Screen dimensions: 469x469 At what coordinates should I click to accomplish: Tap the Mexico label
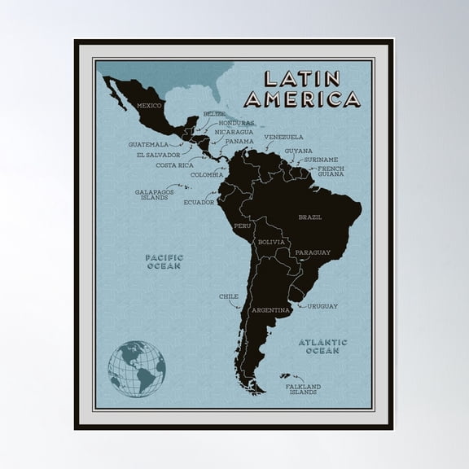(x=149, y=106)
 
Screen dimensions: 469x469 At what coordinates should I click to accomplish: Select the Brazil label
(x=309, y=217)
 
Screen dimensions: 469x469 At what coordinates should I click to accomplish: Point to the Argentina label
(x=270, y=310)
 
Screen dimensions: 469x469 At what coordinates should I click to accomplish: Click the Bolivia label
(x=270, y=243)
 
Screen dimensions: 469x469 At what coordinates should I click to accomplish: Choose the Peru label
(x=243, y=225)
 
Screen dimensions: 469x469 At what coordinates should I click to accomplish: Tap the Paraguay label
(x=313, y=252)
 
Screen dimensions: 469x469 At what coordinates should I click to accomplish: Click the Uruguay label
(x=322, y=306)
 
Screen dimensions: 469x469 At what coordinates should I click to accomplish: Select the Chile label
(x=228, y=296)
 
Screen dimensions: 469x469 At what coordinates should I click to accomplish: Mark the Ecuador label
(x=199, y=202)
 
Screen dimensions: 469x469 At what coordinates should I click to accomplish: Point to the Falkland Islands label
(x=303, y=389)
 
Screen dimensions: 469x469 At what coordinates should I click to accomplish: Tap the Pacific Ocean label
(x=164, y=261)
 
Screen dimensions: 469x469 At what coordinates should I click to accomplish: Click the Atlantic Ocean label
(x=322, y=346)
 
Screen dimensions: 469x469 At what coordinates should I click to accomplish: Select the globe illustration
(x=137, y=369)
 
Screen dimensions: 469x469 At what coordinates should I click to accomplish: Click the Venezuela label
(x=283, y=137)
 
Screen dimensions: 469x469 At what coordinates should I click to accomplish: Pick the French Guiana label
(x=331, y=171)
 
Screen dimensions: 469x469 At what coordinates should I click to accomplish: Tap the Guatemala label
(x=148, y=144)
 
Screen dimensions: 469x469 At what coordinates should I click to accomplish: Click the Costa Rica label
(x=174, y=164)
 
